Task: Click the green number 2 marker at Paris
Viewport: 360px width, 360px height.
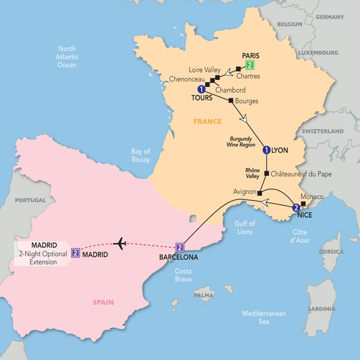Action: pyautogui.click(x=250, y=65)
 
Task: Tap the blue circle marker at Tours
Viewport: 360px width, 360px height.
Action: pyautogui.click(x=200, y=89)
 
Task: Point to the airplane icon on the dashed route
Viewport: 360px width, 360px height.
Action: pyautogui.click(x=121, y=244)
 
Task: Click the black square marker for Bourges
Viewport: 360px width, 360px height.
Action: pyautogui.click(x=231, y=101)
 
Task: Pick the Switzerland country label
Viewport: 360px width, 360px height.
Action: pyautogui.click(x=323, y=131)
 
